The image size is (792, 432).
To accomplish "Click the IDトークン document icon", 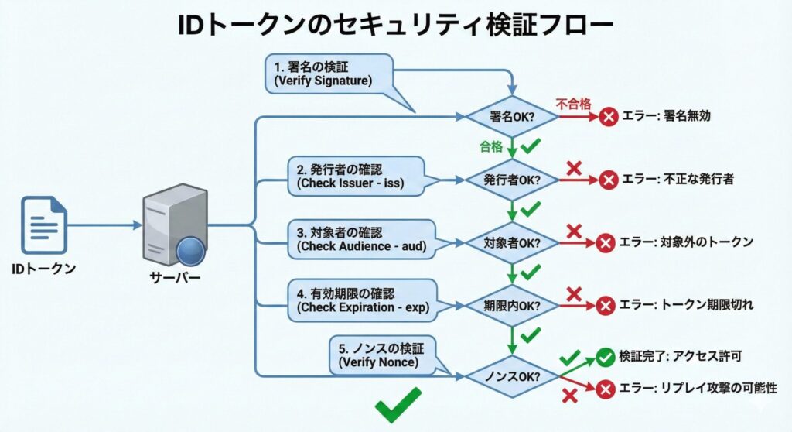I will click(44, 225).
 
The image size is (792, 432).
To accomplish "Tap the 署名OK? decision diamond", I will click(511, 117).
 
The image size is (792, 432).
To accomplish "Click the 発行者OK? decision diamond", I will click(511, 180).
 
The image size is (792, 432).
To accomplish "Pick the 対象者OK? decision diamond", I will click(511, 242).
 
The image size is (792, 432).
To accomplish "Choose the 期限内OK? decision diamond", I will click(511, 305).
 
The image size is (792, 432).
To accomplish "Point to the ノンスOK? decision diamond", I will click(511, 377).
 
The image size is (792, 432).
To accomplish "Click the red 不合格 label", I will click(574, 104).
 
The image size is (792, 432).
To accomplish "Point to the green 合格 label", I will click(491, 145).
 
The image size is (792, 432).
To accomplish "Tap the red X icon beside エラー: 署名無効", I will click(609, 117).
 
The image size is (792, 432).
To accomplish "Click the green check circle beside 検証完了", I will click(606, 357).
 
